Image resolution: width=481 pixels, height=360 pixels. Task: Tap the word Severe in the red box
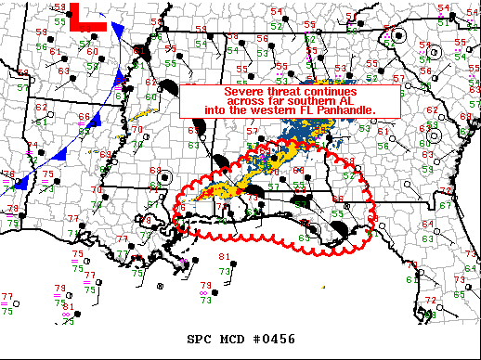pyautogui.click(x=242, y=92)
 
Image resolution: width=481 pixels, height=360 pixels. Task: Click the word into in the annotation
pyautogui.click(x=214, y=110)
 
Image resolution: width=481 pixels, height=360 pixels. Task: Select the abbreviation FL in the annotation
pyautogui.click(x=300, y=110)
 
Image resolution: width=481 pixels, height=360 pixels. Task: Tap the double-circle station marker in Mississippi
pyautogui.click(x=165, y=176)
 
